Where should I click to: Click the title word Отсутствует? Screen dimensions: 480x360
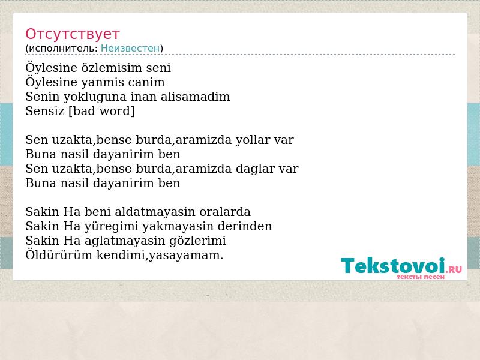coord(72,34)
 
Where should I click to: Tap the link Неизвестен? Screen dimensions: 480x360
coord(130,48)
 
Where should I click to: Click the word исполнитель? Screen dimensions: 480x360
coord(63,48)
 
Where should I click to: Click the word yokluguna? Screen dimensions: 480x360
coord(95,97)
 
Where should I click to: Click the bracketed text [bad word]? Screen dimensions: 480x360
coord(101,111)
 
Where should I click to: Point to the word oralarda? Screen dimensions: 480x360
coord(225,212)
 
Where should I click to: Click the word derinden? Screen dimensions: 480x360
coord(245,226)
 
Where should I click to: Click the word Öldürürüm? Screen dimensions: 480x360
coord(59,255)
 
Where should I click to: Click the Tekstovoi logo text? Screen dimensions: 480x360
coord(393,266)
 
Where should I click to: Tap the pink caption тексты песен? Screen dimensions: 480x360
coord(421,277)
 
